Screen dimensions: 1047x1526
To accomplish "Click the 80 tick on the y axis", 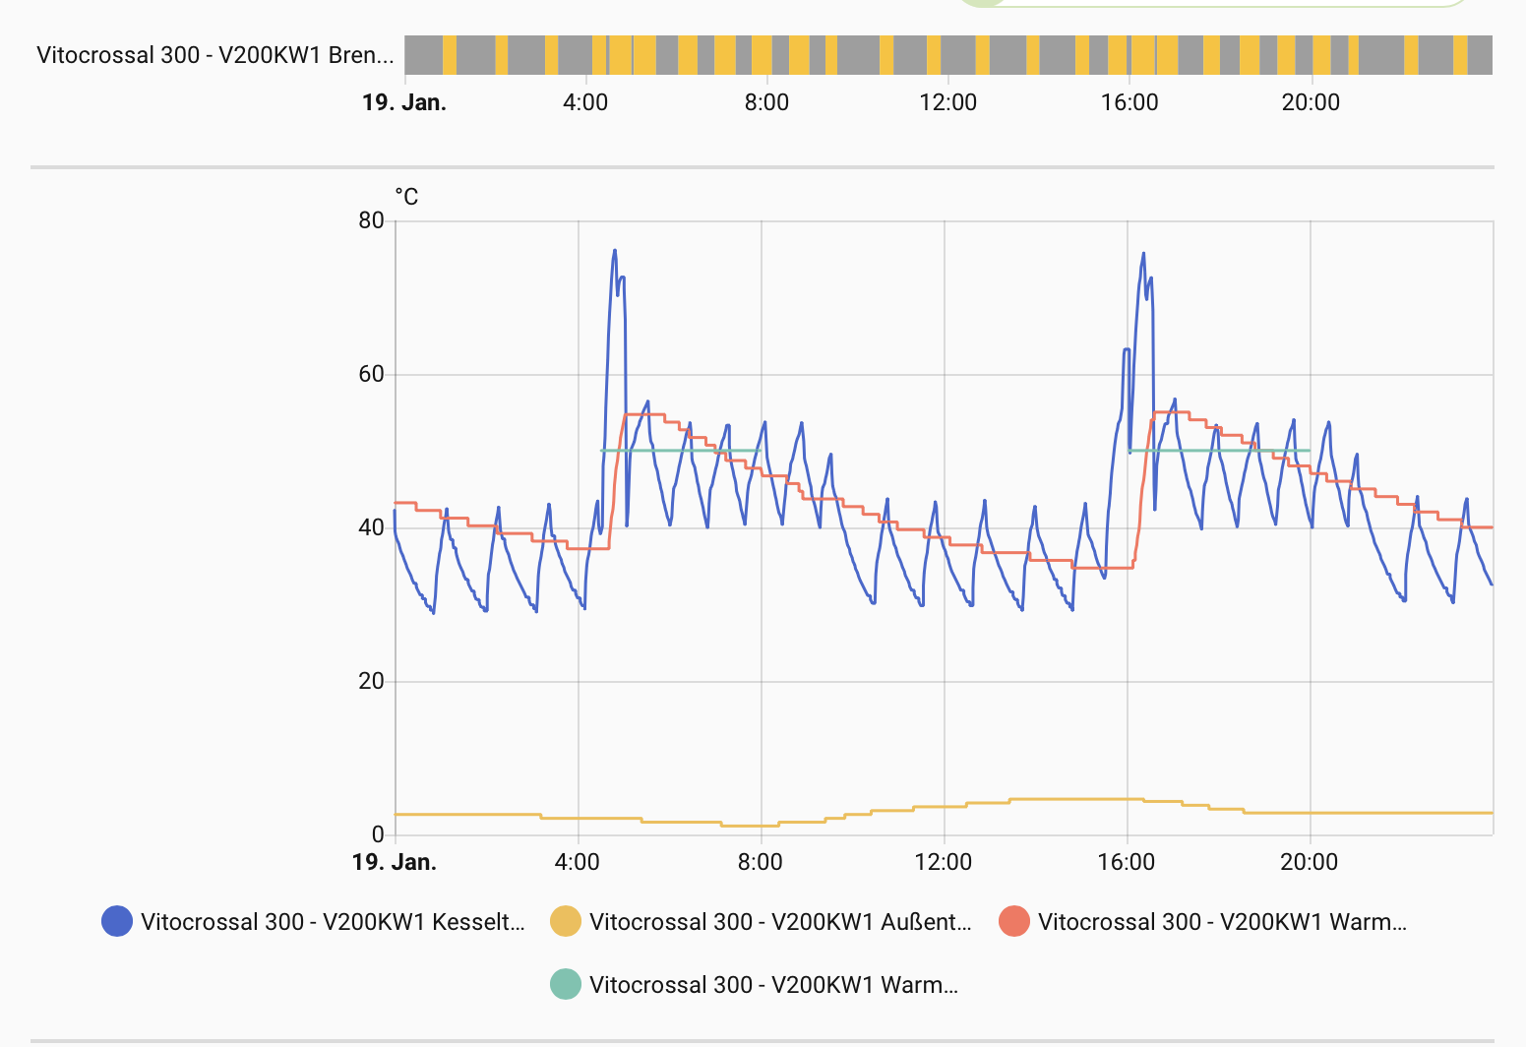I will (x=371, y=220).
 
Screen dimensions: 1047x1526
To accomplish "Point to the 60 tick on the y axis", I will (x=371, y=374).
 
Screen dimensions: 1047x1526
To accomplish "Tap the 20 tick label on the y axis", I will (x=371, y=681).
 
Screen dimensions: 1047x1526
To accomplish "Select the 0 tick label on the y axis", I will (x=378, y=834).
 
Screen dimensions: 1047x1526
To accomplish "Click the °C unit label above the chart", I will (x=406, y=197).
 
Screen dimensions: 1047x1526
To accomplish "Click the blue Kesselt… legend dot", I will (x=117, y=921).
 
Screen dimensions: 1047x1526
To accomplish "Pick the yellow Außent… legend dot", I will (x=566, y=921).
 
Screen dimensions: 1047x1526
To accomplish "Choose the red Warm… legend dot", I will (x=1014, y=921).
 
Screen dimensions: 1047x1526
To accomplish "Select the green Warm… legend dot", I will (x=566, y=984).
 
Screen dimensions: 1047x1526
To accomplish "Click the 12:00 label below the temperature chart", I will (x=944, y=863).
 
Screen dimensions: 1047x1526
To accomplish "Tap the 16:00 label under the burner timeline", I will (x=1129, y=102).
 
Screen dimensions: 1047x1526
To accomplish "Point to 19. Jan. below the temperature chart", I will (x=395, y=863).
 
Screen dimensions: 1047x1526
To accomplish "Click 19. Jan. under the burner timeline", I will (x=404, y=102).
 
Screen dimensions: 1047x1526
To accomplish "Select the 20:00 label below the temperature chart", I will (x=1310, y=863).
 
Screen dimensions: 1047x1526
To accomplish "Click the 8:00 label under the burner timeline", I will (x=766, y=102).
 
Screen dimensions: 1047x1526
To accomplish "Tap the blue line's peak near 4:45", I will (x=615, y=250).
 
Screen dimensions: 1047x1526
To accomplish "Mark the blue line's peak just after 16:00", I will (x=1143, y=253).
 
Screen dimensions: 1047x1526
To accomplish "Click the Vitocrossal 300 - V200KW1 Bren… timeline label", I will (x=214, y=55).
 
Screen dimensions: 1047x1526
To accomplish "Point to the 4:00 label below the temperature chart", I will (x=578, y=863).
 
